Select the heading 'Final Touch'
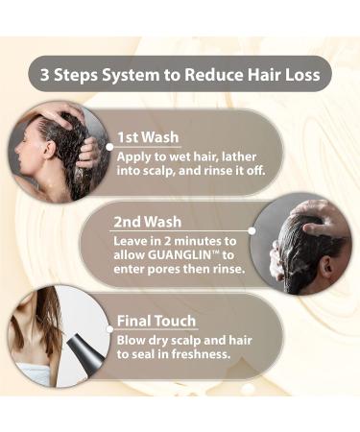click(156, 321)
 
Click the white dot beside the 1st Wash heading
click(108, 136)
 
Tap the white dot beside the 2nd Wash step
click(252, 230)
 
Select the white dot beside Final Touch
click(109, 322)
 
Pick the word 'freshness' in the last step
click(198, 354)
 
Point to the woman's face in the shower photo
click(32, 154)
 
